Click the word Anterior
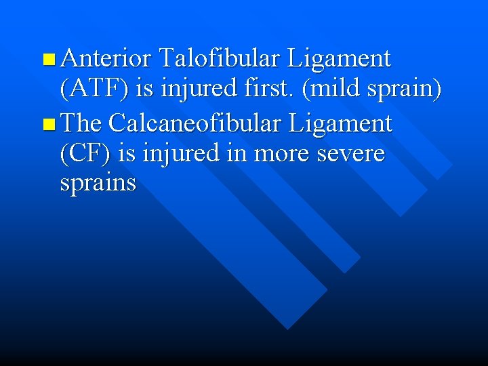pos(104,59)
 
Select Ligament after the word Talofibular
pos(339,59)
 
